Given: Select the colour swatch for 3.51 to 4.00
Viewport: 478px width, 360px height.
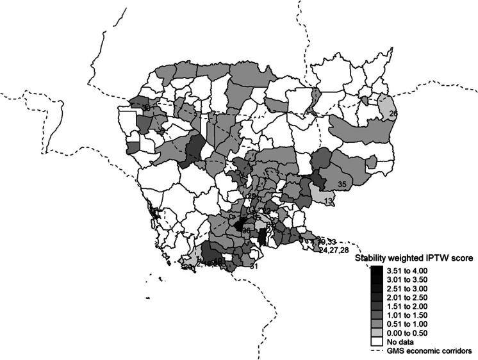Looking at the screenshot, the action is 375,272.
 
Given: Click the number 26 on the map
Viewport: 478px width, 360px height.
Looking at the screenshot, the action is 393,114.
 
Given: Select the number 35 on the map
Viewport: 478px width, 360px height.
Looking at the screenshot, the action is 342,184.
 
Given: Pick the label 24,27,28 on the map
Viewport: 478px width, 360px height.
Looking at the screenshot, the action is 334,250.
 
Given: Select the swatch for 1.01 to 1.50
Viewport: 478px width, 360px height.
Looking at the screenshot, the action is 375,311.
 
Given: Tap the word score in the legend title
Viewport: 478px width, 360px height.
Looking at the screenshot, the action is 463,259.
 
